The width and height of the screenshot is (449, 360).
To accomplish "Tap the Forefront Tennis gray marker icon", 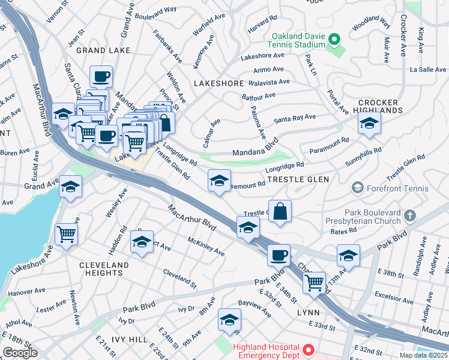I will [358, 188].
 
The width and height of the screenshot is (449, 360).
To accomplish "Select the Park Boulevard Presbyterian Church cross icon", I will [409, 215].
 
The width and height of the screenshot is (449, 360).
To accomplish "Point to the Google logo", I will [20, 353].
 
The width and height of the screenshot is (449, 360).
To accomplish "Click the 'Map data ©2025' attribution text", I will [424, 355].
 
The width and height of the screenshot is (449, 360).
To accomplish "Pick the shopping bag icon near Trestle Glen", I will [280, 211].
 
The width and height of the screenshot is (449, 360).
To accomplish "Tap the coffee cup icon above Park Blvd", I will [279, 255].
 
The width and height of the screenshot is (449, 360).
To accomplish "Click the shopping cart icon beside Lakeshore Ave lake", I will [66, 234].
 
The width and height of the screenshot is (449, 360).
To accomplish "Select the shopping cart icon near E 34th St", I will [314, 282].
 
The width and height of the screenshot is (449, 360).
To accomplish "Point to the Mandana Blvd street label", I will [255, 145].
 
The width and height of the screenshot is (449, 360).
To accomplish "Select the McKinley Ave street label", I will [206, 246].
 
